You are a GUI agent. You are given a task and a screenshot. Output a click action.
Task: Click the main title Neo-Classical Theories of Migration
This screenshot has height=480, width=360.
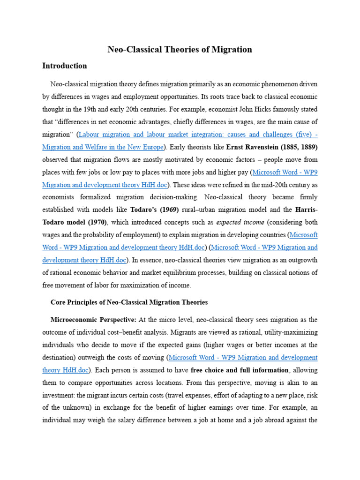tap(180, 49)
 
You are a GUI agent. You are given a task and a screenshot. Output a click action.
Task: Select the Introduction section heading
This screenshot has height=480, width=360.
tap(65, 66)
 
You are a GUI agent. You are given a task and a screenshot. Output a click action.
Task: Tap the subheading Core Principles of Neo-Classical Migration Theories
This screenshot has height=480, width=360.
tap(129, 302)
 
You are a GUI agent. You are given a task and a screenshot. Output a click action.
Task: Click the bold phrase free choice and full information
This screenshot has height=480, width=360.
tap(240, 370)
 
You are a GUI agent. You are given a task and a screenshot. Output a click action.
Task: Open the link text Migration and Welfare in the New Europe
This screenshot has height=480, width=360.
tap(103, 147)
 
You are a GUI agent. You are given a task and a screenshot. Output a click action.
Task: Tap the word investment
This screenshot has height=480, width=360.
tap(59, 395)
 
